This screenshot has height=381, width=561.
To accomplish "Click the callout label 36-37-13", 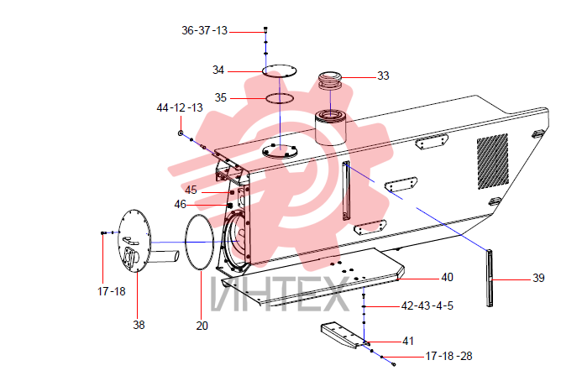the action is [x=204, y=31].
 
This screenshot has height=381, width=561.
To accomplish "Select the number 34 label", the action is [x=218, y=70].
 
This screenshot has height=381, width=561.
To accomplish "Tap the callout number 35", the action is [x=221, y=97].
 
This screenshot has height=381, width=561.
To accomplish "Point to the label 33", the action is [x=383, y=76].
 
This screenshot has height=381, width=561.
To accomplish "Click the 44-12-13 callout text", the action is [x=180, y=107].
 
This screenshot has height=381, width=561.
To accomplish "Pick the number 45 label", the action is [x=191, y=190].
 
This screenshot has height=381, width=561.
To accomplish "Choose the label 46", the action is [x=181, y=205].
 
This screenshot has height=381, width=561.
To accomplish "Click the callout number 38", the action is [x=139, y=325].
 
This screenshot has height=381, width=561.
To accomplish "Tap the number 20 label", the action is [x=202, y=326].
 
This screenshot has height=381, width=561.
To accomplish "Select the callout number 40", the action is [x=448, y=277].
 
